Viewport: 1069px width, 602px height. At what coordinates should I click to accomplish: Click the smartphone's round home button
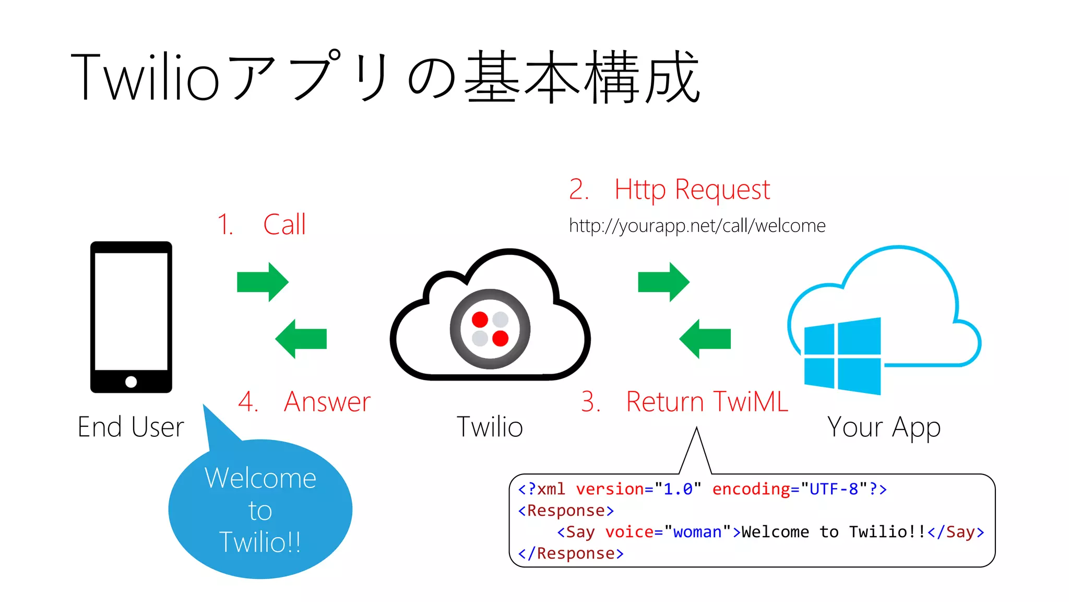pyautogui.click(x=131, y=382)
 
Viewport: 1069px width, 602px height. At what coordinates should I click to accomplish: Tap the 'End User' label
pyautogui.click(x=130, y=427)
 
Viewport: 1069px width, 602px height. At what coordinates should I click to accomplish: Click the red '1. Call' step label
pyautogui.click(x=262, y=225)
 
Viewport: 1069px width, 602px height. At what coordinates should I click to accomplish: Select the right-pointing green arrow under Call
pyautogui.click(x=263, y=282)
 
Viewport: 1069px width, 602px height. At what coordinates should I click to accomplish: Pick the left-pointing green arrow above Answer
pyautogui.click(x=301, y=339)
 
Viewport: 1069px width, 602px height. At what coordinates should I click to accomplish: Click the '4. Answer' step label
pyautogui.click(x=304, y=402)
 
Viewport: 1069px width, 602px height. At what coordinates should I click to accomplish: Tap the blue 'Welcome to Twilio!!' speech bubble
pyautogui.click(x=260, y=510)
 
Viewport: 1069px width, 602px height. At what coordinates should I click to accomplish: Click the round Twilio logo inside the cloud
pyautogui.click(x=490, y=329)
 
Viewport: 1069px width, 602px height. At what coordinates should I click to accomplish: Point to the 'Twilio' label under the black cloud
pyautogui.click(x=490, y=427)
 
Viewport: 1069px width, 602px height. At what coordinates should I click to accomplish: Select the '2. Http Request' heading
pyautogui.click(x=669, y=189)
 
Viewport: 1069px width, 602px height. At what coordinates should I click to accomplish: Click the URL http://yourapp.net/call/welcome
pyautogui.click(x=697, y=226)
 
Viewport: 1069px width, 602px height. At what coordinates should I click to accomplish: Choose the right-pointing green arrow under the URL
pyautogui.click(x=663, y=282)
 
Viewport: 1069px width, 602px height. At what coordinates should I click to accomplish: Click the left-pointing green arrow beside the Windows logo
pyautogui.click(x=705, y=339)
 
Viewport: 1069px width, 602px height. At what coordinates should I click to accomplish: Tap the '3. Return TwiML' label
pyautogui.click(x=684, y=402)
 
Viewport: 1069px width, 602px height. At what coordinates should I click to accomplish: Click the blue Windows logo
pyautogui.click(x=842, y=356)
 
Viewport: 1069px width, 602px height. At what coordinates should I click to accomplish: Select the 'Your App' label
pyautogui.click(x=884, y=427)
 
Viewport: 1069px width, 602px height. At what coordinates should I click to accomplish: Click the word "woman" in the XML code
pyautogui.click(x=697, y=532)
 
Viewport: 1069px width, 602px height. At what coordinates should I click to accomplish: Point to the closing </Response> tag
pyautogui.click(x=571, y=553)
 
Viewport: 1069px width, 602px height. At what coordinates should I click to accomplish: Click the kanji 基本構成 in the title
pyautogui.click(x=581, y=77)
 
